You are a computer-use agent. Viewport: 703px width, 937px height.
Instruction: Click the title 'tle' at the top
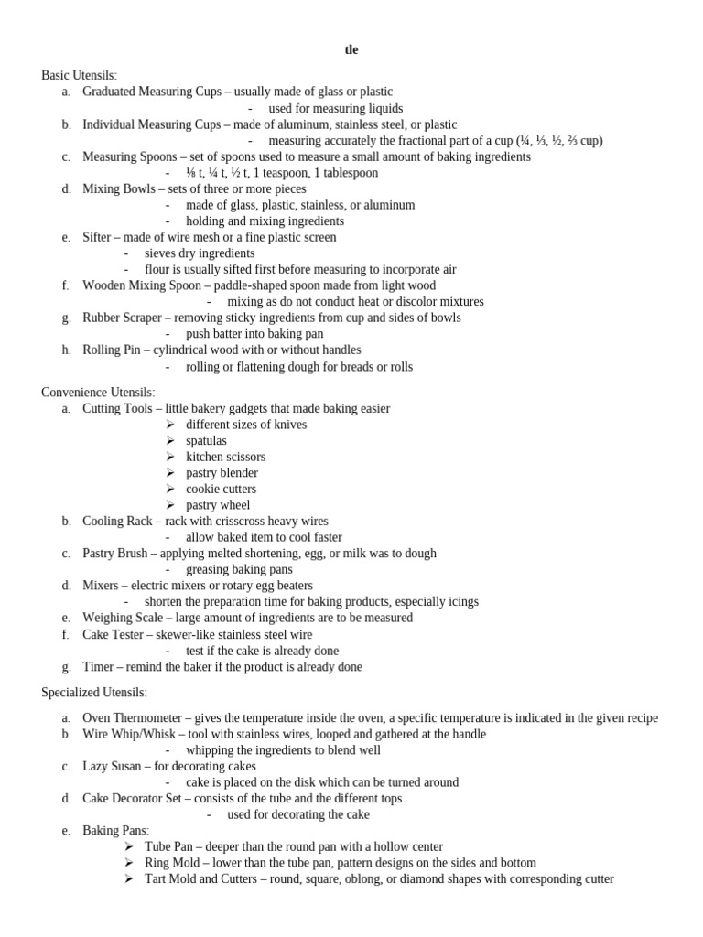pos(351,50)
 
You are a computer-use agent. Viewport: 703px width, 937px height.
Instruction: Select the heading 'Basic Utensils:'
pos(79,75)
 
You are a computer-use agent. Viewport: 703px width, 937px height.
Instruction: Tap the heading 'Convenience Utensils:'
pos(98,392)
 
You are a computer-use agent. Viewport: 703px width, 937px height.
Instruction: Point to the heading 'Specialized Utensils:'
pos(93,693)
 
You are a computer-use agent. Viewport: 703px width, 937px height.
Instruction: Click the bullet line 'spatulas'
pos(206,440)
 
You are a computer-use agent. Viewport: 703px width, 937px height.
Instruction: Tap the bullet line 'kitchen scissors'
pos(225,457)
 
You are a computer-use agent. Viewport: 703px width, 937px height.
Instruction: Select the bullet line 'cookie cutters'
pos(221,489)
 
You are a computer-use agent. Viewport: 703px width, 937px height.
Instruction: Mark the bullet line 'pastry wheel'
pos(217,505)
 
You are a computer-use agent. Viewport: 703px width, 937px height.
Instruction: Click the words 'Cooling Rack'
pos(117,521)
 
